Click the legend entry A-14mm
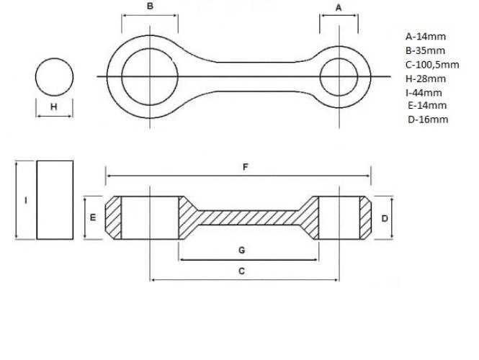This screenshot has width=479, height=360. (x=426, y=37)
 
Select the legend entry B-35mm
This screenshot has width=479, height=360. (x=425, y=50)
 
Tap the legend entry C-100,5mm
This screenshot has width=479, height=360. (x=432, y=65)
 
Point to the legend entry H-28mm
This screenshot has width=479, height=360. (x=426, y=78)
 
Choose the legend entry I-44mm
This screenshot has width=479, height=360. (x=424, y=92)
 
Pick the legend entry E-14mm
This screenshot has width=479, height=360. (x=427, y=105)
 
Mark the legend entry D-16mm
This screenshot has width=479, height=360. (x=428, y=120)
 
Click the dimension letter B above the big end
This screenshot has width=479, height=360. (x=150, y=6)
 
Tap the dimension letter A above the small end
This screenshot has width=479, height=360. (x=339, y=8)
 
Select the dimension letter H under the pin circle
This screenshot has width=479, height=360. (x=54, y=107)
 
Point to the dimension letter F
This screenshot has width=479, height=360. (x=246, y=167)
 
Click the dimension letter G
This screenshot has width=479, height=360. (x=241, y=251)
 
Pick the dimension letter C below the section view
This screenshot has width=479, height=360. (x=241, y=271)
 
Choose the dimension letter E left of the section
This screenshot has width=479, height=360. (x=93, y=217)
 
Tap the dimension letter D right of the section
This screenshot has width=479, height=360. (x=385, y=219)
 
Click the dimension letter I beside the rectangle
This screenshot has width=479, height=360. (x=26, y=201)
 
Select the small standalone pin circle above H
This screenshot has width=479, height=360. (x=54, y=58)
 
